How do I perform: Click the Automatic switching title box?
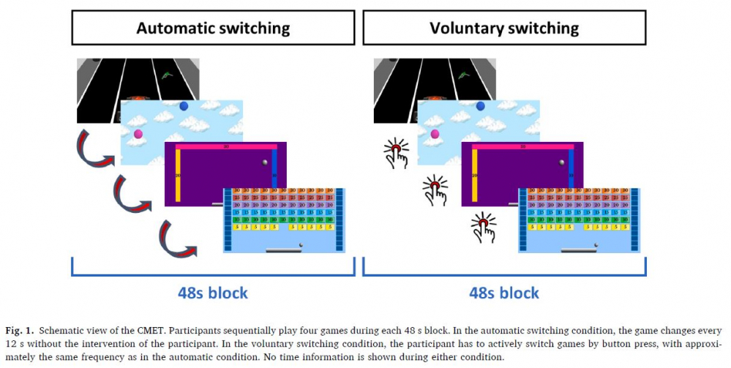click(212, 29)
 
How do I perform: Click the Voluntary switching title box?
click(503, 29)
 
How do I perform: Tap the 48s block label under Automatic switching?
click(212, 293)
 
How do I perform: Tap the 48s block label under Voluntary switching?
click(504, 293)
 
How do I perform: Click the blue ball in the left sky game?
click(184, 106)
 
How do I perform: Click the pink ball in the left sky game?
click(138, 133)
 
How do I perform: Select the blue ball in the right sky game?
click(480, 106)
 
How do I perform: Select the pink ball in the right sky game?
click(435, 133)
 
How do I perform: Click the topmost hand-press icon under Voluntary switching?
click(396, 153)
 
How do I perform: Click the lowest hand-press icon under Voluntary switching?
click(483, 227)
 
